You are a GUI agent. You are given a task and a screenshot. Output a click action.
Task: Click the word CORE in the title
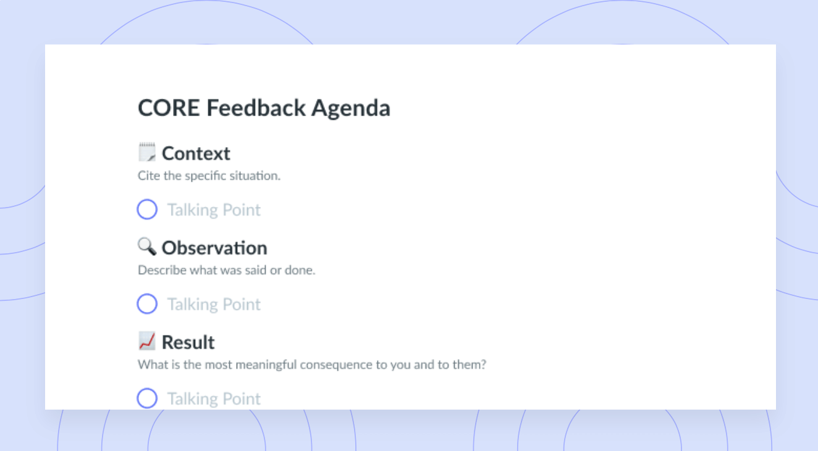169,108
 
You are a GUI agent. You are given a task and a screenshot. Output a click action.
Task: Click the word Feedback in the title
256,108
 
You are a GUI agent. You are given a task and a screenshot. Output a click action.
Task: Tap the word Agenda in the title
351,109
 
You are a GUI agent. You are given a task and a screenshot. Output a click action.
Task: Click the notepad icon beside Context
147,152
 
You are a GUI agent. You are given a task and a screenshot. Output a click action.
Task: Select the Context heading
196,153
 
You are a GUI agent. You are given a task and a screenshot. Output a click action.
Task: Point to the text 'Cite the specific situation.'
209,175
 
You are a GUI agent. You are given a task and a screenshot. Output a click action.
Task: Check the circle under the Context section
147,209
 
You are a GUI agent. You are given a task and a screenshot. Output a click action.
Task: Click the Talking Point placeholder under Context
214,210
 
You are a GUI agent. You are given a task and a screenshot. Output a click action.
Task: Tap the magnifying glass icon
147,247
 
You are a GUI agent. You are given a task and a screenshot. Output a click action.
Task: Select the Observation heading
214,248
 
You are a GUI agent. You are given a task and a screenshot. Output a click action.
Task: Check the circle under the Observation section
147,304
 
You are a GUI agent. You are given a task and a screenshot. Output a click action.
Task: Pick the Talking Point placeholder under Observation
214,305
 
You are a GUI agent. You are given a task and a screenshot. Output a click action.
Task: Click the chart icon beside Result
147,341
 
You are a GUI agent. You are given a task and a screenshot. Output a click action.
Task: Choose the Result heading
188,342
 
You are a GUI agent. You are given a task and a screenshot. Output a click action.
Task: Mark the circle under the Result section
147,398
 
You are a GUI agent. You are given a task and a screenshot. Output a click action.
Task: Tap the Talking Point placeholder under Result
214,398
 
